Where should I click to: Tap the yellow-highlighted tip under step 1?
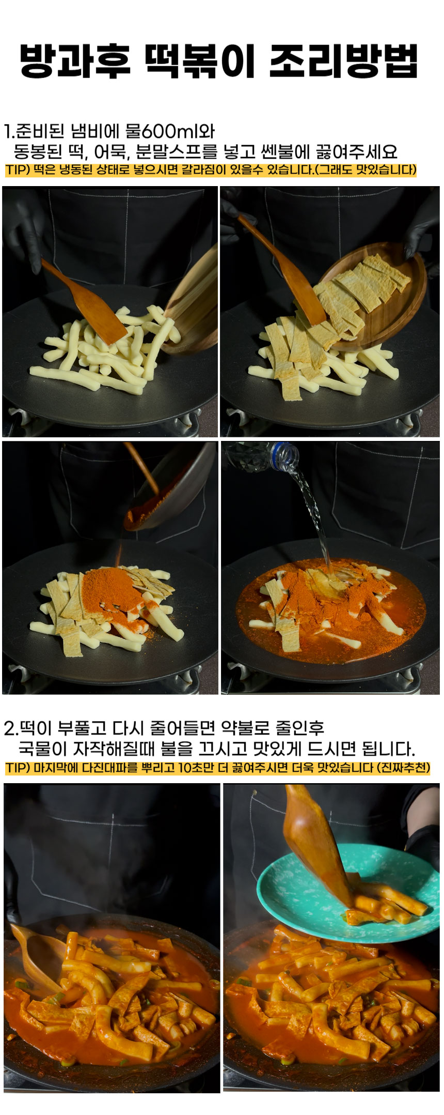point(211,170)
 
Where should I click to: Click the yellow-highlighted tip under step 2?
point(217,767)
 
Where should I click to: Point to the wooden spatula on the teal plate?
point(316,844)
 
